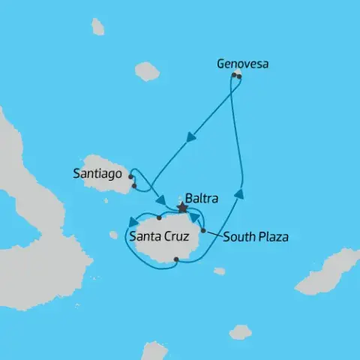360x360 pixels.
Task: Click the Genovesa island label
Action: pyautogui.click(x=242, y=64)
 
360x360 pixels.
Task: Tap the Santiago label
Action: pyautogui.click(x=96, y=172)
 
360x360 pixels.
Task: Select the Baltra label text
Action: pyautogui.click(x=202, y=199)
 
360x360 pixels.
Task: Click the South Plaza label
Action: pyautogui.click(x=256, y=238)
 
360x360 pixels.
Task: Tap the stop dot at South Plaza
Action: pyautogui.click(x=203, y=231)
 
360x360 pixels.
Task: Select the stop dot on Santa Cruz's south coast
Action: pyautogui.click(x=175, y=260)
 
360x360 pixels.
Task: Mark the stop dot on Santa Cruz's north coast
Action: pyautogui.click(x=159, y=219)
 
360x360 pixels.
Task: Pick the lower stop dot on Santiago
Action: pyautogui.click(x=134, y=186)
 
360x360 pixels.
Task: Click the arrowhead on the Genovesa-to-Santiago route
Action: pyautogui.click(x=191, y=137)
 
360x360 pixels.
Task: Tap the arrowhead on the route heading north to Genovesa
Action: pyautogui.click(x=239, y=193)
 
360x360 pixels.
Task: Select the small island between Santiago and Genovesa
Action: pyautogui.click(x=147, y=71)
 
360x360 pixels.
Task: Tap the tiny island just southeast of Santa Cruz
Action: pyautogui.click(x=219, y=271)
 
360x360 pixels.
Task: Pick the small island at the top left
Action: pyautogui.click(x=97, y=27)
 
